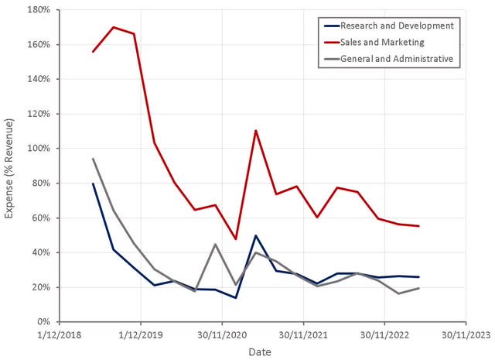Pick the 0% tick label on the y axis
(x=43, y=321)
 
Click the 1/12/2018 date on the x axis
(x=60, y=335)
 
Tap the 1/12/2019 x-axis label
(x=141, y=335)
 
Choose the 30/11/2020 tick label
(x=222, y=335)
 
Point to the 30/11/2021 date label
(x=303, y=335)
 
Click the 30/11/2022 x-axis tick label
(x=384, y=335)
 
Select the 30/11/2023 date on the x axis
(x=465, y=335)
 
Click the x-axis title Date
(x=259, y=352)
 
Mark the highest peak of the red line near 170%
(x=114, y=27)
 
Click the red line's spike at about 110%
(x=256, y=130)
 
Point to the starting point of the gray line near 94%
(x=94, y=159)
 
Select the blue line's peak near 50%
(x=256, y=235)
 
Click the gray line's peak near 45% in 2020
(x=215, y=245)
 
